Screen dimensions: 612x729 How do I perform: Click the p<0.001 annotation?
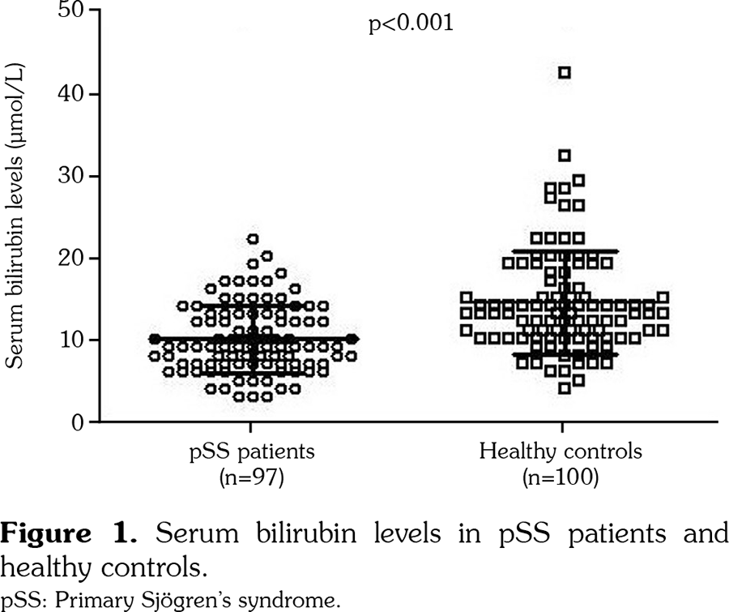tap(411, 22)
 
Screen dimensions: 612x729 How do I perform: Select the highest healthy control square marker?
tap(565, 73)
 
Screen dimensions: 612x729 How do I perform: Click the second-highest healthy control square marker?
tap(565, 155)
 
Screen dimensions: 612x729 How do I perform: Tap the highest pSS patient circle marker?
tap(253, 239)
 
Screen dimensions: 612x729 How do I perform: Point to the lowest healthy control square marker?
tap(565, 388)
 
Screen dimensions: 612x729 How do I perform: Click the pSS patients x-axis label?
tap(249, 452)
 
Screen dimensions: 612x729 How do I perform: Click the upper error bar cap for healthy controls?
tap(565, 251)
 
